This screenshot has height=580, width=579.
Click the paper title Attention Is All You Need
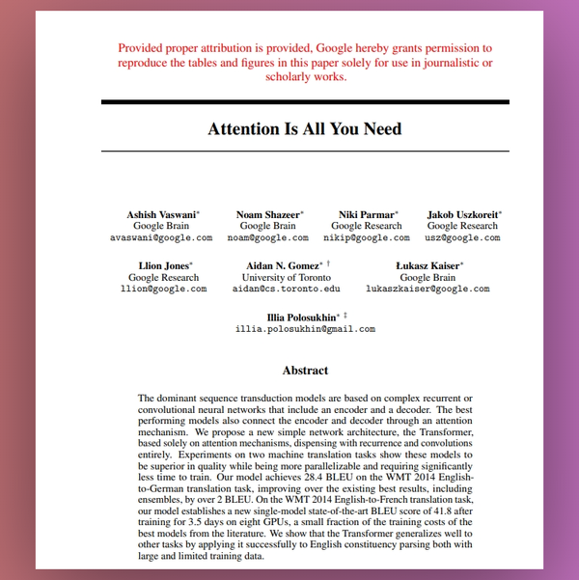point(305,129)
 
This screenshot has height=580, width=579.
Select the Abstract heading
point(305,370)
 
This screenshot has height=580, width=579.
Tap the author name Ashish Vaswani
point(160,214)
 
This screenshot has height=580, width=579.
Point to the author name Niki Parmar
point(365,214)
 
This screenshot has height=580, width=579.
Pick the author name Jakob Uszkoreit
point(461,214)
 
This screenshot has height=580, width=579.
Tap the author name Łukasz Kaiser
point(427,264)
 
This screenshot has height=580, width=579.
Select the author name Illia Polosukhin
point(302,317)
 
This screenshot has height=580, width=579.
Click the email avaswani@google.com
point(160,237)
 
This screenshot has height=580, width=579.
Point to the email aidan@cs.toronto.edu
point(287,289)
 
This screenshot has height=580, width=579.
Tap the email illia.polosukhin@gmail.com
point(305,329)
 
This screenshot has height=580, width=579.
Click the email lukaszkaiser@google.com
point(427,289)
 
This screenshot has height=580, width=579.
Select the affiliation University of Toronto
point(287,277)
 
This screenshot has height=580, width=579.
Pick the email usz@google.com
point(464,237)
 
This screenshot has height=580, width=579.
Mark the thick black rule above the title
point(305,101)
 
